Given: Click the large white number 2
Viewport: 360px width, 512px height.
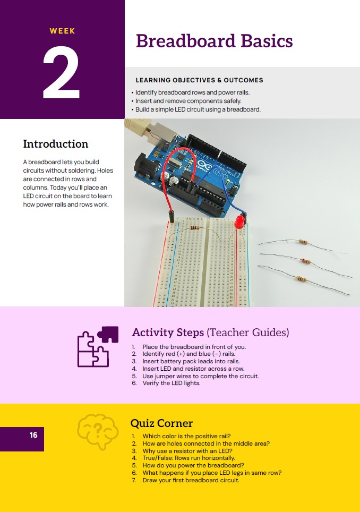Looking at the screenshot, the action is click(x=62, y=72).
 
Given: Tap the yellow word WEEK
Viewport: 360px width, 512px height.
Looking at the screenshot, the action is click(x=62, y=31).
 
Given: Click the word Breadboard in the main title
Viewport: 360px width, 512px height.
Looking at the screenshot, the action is click(x=185, y=41).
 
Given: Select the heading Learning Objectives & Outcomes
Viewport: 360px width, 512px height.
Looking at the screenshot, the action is click(x=200, y=80).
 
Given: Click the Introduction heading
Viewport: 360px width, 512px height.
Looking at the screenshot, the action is click(x=55, y=144).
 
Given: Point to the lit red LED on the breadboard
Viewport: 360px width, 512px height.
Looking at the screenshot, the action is click(x=240, y=221).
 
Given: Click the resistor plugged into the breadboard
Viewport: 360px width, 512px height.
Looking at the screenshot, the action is click(x=194, y=228).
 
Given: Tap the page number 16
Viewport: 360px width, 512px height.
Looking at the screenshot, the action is click(x=33, y=435).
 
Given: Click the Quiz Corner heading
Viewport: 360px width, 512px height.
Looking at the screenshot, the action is click(x=161, y=423).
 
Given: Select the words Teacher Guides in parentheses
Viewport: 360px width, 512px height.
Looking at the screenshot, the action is click(x=248, y=332).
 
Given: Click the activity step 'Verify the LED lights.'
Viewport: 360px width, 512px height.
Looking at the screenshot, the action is click(x=172, y=383).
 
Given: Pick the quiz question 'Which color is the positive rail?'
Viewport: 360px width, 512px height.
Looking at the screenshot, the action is click(x=186, y=436).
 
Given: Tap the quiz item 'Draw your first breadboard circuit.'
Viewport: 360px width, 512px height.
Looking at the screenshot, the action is click(x=191, y=480).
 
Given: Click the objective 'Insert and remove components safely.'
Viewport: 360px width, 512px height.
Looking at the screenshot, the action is click(x=188, y=101).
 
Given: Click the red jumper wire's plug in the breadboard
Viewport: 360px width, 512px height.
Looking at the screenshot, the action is click(x=170, y=217).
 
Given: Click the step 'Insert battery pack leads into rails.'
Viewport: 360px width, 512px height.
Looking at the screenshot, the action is click(x=191, y=361).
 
